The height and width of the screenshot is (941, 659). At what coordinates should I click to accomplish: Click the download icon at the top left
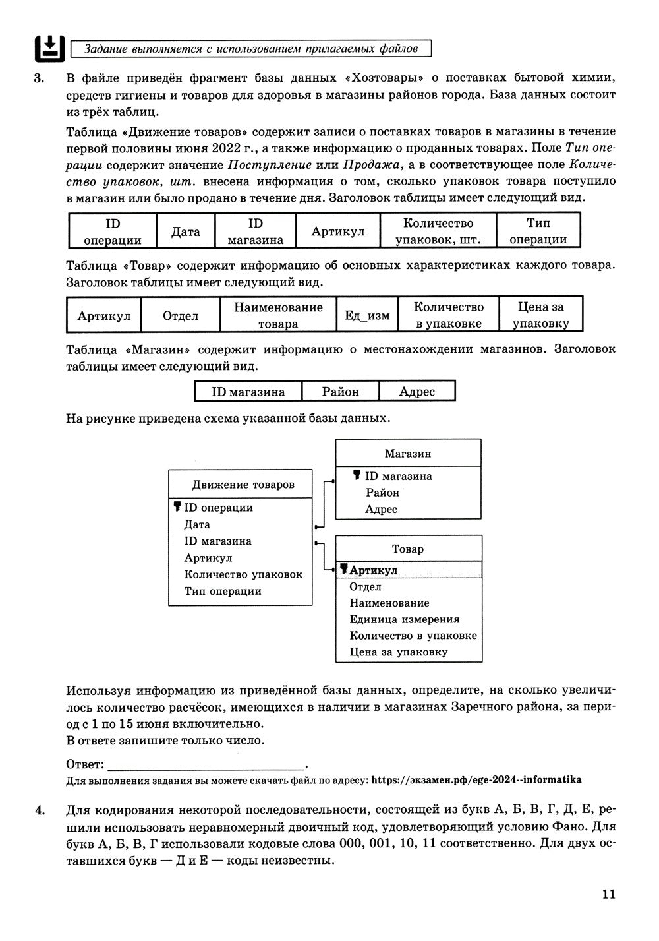tap(49, 47)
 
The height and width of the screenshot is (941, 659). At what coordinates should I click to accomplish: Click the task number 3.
tap(39, 78)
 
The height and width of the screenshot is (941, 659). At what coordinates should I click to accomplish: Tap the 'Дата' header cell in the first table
tap(185, 231)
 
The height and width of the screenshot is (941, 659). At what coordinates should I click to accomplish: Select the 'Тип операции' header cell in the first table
tap(538, 231)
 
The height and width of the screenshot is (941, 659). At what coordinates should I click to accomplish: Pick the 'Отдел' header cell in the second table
tap(181, 316)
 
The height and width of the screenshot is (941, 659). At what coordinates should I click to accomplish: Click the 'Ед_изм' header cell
tap(367, 316)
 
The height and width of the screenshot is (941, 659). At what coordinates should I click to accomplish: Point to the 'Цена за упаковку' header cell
tap(540, 315)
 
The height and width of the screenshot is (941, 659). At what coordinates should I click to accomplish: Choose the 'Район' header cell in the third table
tap(340, 392)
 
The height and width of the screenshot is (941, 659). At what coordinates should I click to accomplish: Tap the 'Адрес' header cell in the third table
tap(417, 392)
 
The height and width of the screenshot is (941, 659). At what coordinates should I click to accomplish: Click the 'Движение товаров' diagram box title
tap(243, 485)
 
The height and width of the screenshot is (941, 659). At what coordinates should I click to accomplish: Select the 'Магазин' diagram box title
tap(408, 454)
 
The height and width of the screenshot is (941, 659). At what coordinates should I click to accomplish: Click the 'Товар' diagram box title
tap(408, 549)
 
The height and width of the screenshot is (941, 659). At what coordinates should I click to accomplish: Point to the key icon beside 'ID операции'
tap(177, 507)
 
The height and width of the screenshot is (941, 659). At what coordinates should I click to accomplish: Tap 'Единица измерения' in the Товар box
tap(404, 619)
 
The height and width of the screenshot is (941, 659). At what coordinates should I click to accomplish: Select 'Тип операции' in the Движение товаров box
tap(223, 591)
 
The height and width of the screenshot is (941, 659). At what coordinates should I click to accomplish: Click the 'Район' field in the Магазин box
tap(382, 493)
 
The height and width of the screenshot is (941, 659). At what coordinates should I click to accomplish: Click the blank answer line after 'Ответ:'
tap(206, 765)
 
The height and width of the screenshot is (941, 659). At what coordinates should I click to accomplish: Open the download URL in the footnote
tap(476, 780)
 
